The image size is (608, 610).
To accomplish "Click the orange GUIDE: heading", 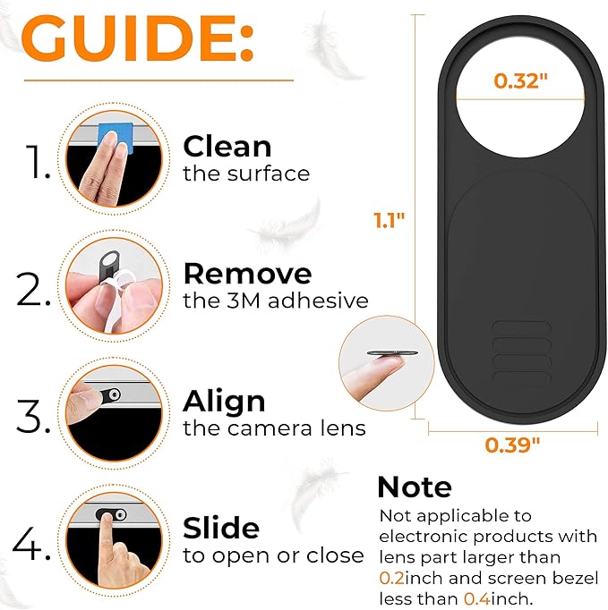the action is pyautogui.click(x=138, y=38).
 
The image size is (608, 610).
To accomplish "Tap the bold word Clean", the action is pyautogui.click(x=227, y=147).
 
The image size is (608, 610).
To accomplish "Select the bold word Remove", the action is pyautogui.click(x=248, y=274).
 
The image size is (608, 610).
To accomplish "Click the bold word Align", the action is pyautogui.click(x=224, y=401).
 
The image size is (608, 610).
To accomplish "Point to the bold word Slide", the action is pyautogui.click(x=221, y=528).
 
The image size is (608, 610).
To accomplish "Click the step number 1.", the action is pyautogui.click(x=38, y=162).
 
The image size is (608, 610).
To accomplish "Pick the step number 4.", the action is pyautogui.click(x=31, y=543).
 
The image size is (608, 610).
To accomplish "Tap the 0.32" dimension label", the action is pyautogui.click(x=520, y=80).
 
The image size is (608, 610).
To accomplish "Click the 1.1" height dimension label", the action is pyautogui.click(x=390, y=220).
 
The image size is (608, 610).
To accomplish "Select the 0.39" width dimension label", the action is pyautogui.click(x=512, y=445).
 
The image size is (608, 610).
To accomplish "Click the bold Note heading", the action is pyautogui.click(x=415, y=487).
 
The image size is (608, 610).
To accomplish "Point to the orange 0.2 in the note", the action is pyautogui.click(x=391, y=578).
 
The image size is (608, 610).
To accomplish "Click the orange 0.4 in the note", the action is pyautogui.click(x=477, y=598).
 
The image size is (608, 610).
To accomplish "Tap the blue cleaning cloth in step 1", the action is pyautogui.click(x=116, y=137).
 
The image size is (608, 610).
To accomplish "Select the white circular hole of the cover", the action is pyautogui.click(x=520, y=97).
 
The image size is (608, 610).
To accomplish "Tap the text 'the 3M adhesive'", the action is pyautogui.click(x=276, y=301).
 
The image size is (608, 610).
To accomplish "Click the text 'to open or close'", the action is pyautogui.click(x=273, y=555).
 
